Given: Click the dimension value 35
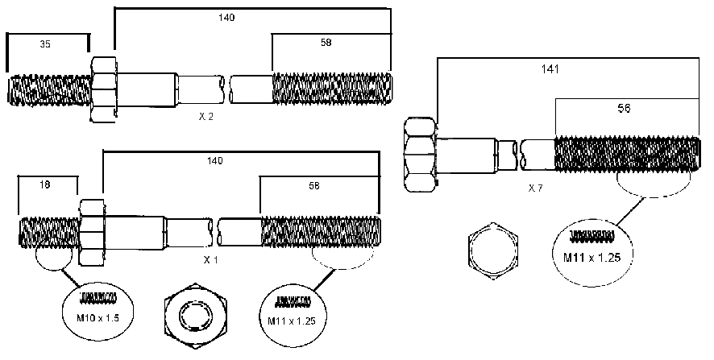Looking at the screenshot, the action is [45, 44].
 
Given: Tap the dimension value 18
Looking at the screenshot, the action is [44, 184].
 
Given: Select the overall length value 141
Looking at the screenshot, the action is [550, 69].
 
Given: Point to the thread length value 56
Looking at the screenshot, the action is [624, 108].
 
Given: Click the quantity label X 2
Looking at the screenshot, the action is [205, 117].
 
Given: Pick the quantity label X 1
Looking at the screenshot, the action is [210, 260].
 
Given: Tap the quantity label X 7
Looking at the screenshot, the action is [535, 188].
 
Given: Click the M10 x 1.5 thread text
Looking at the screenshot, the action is [98, 317].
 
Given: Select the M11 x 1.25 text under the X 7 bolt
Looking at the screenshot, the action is [592, 257].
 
